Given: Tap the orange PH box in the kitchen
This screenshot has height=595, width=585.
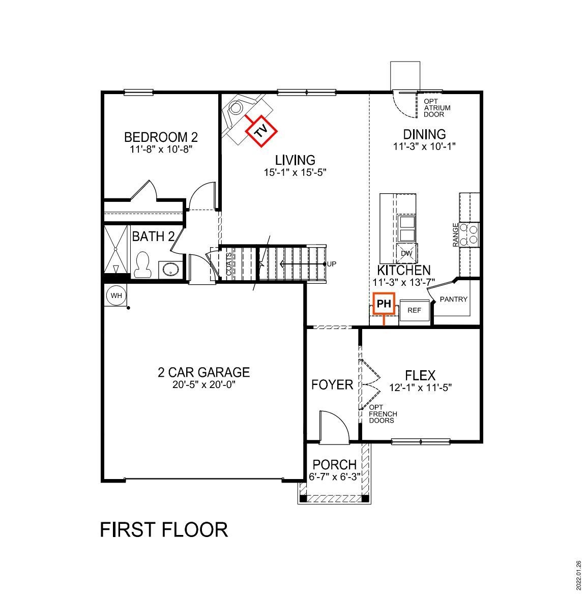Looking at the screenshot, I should (x=384, y=304).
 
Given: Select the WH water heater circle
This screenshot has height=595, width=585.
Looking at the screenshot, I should (x=115, y=295).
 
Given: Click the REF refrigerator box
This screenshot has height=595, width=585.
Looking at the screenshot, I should (x=415, y=310).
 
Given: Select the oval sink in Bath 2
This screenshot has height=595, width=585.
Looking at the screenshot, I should (x=169, y=269).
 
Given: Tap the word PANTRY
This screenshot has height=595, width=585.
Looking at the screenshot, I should (x=453, y=299).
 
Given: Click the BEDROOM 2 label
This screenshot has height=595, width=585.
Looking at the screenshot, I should (x=161, y=137).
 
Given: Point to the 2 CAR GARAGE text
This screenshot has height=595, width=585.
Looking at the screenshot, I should (x=203, y=372).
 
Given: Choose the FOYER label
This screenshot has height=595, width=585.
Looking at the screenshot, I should (x=332, y=384).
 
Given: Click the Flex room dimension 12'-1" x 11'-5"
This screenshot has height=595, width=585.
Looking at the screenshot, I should (x=420, y=388).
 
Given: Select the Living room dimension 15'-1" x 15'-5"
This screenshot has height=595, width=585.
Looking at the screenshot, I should (x=294, y=172).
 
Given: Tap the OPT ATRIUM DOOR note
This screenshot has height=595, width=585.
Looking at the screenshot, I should (x=437, y=108).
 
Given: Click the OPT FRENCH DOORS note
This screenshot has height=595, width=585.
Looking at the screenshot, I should (x=383, y=414).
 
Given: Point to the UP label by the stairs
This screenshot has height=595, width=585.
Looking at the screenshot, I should (x=332, y=263).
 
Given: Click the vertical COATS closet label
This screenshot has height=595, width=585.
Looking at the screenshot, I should (x=229, y=264).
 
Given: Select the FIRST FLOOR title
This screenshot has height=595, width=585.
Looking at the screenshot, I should (x=163, y=529).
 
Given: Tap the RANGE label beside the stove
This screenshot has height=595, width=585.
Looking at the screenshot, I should (x=455, y=235).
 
